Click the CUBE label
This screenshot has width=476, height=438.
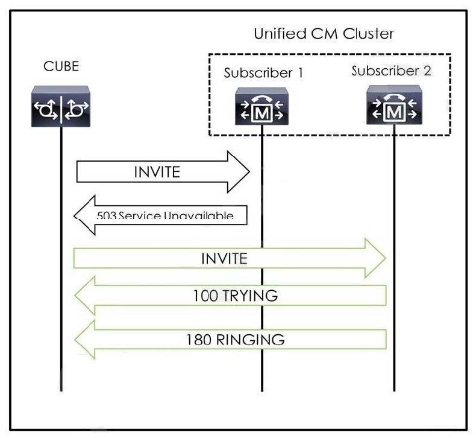pyautogui.click(x=61, y=66)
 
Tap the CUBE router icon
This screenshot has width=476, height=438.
pyautogui.click(x=60, y=107)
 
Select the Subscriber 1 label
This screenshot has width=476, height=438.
pyautogui.click(x=263, y=74)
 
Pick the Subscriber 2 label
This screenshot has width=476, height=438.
pyautogui.click(x=391, y=71)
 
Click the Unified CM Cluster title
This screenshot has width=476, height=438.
pyautogui.click(x=324, y=34)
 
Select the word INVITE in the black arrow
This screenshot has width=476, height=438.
pyautogui.click(x=157, y=172)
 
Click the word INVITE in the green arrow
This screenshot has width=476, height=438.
pyautogui.click(x=224, y=259)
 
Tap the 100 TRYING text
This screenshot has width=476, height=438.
pyautogui.click(x=235, y=296)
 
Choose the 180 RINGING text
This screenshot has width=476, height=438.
pyautogui.click(x=235, y=340)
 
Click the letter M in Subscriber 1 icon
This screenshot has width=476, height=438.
pyautogui.click(x=261, y=112)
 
